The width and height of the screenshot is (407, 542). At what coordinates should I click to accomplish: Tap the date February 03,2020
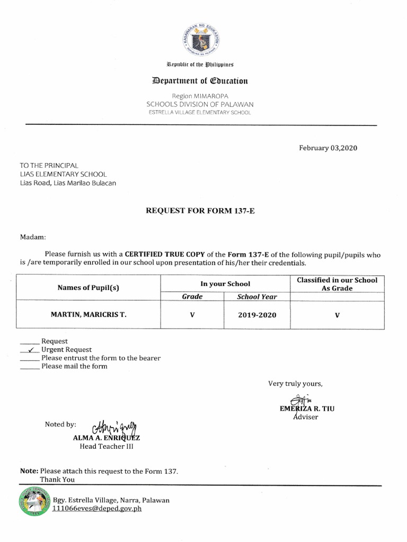coord(328,148)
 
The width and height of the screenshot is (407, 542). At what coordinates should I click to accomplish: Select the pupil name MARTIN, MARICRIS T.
coord(89,314)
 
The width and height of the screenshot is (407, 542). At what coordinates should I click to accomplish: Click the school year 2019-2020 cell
coord(257,315)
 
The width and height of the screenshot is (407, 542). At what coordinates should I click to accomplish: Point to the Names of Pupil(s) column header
coord(89,287)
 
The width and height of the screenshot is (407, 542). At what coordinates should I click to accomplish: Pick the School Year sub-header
coord(257,297)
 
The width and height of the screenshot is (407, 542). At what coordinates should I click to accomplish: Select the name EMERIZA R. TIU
coord(307,409)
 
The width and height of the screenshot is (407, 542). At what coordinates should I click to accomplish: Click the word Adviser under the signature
coord(307,417)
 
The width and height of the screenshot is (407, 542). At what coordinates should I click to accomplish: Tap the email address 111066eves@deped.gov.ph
coord(97,509)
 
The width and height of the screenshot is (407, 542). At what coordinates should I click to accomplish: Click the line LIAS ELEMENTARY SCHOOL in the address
coord(63,174)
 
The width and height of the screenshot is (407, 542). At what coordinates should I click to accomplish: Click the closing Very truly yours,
coord(295,383)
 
